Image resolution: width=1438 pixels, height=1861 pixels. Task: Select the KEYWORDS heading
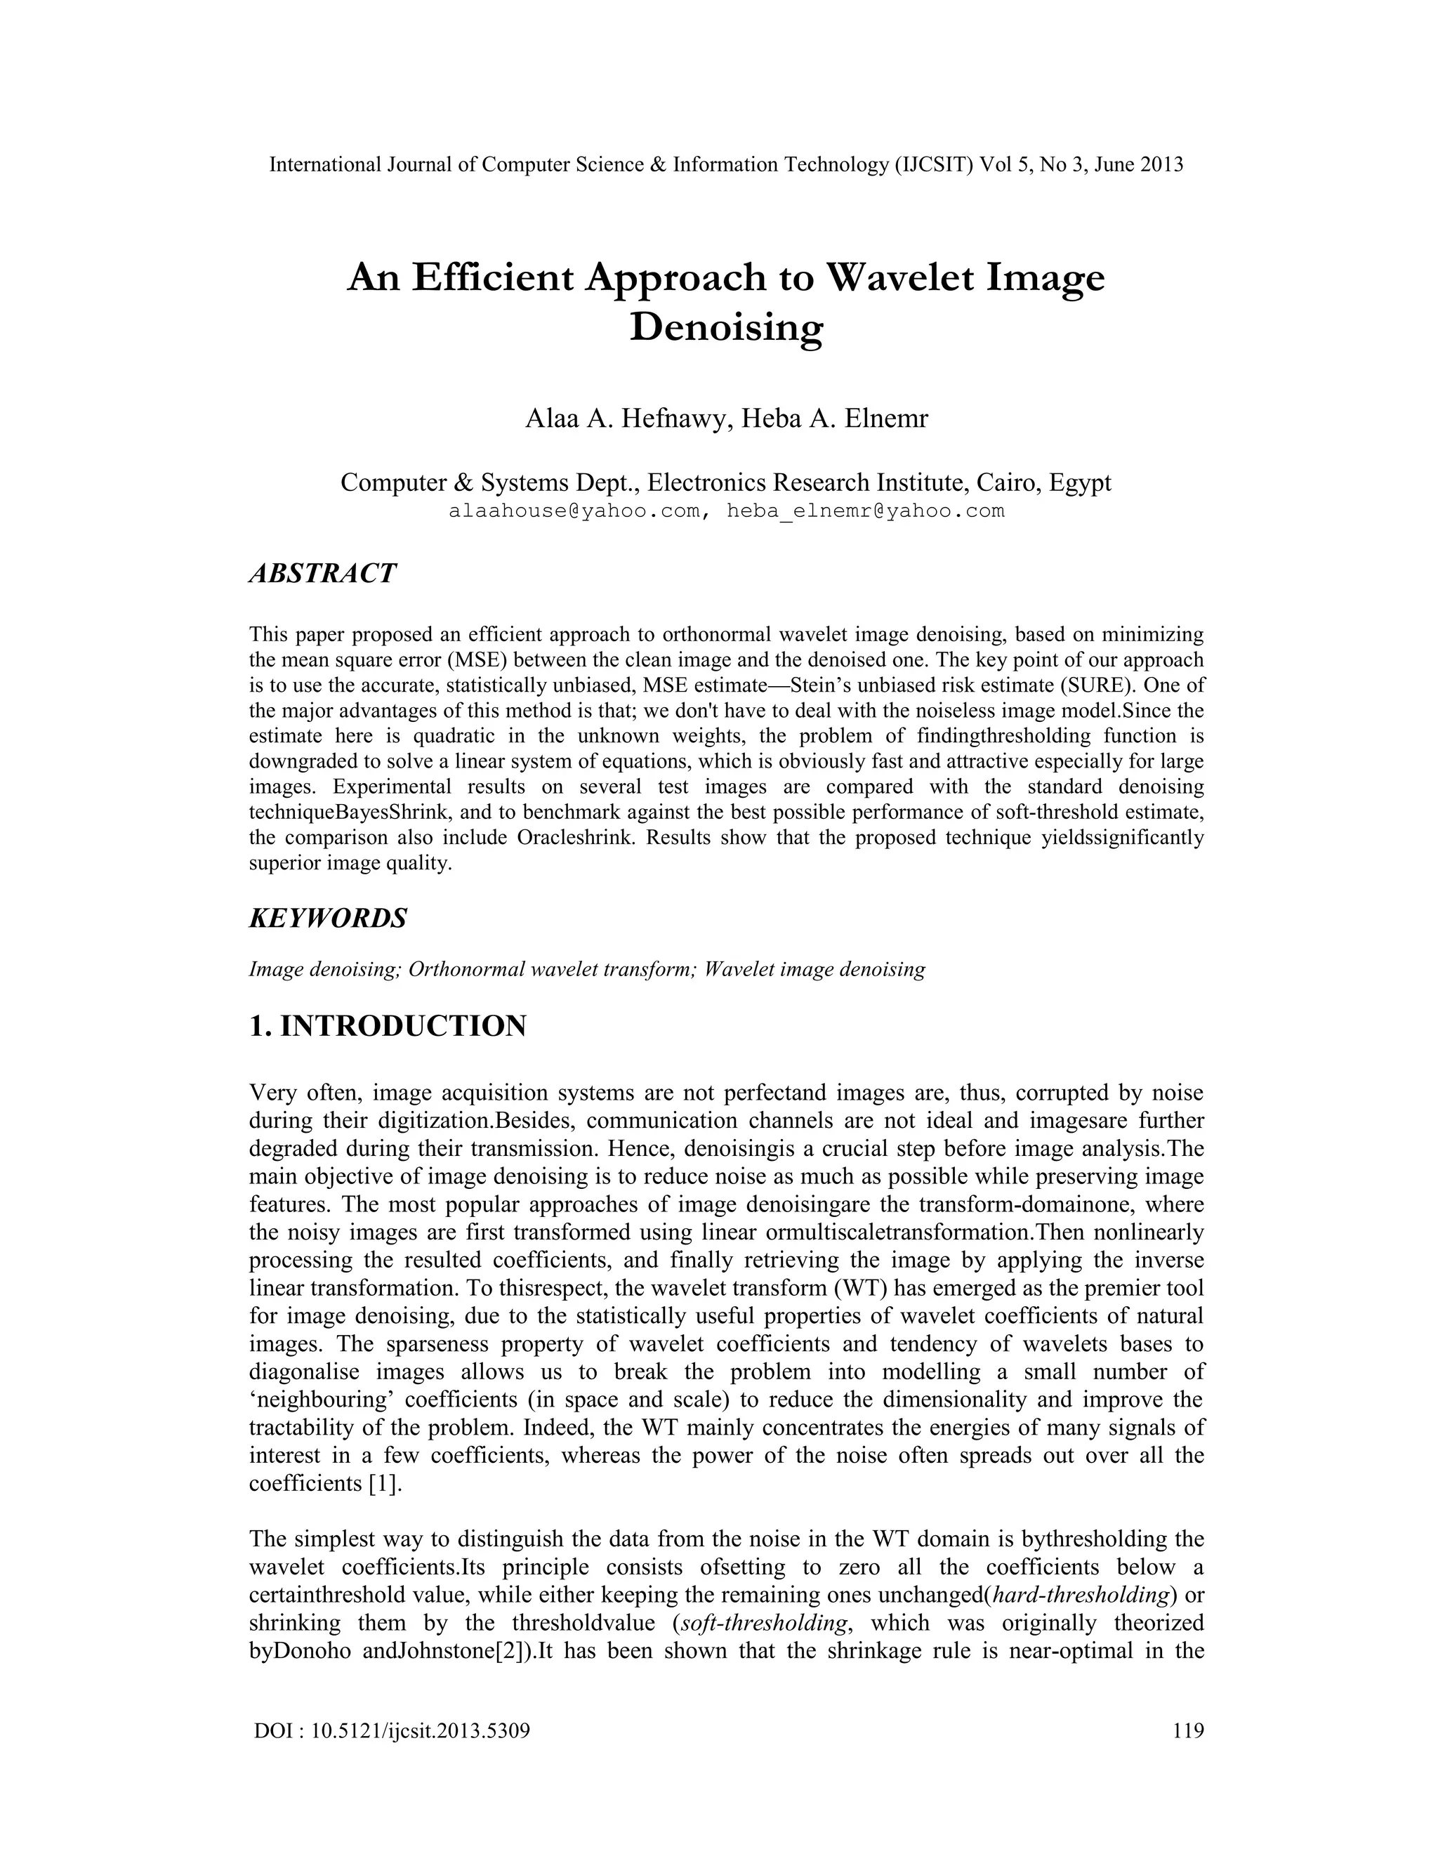328,919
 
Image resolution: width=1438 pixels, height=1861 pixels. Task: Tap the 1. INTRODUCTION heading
388,1026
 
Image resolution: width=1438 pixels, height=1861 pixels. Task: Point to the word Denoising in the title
726,327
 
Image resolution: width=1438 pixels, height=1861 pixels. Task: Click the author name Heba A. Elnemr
835,419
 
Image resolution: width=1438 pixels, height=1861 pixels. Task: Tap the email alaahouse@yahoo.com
574,511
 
